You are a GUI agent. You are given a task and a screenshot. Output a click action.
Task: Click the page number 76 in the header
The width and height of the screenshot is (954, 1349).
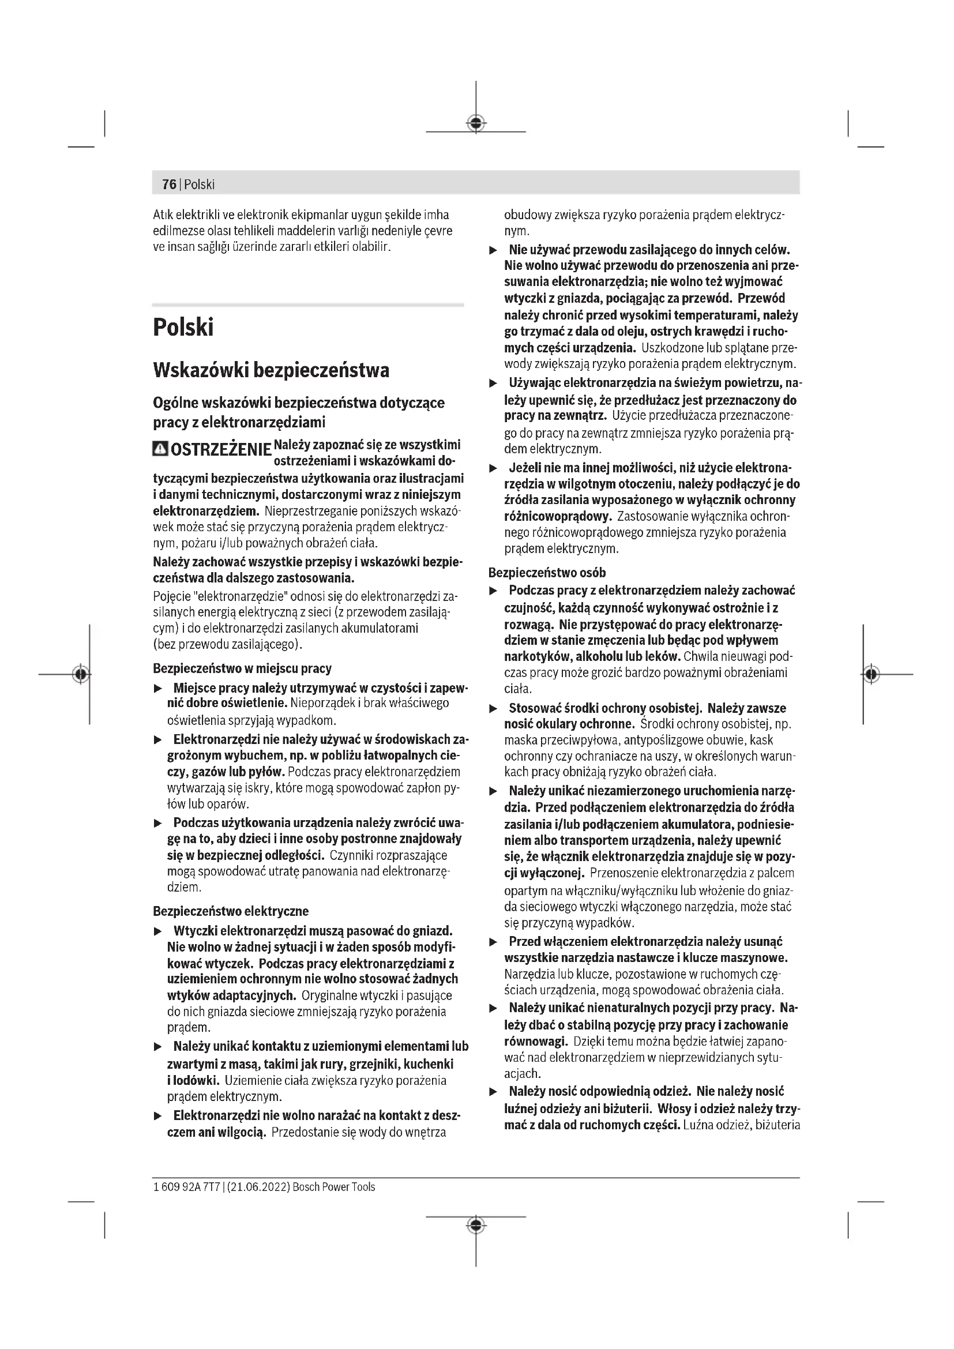(x=169, y=185)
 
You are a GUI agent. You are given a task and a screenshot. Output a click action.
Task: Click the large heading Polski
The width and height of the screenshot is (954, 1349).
(x=183, y=327)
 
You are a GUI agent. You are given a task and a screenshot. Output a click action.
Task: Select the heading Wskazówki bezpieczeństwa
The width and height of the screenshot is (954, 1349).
(x=271, y=370)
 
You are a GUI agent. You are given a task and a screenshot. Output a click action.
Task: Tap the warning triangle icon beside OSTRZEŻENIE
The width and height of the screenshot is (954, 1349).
(x=159, y=449)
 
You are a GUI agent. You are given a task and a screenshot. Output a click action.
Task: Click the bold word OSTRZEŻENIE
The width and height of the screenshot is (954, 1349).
(x=220, y=450)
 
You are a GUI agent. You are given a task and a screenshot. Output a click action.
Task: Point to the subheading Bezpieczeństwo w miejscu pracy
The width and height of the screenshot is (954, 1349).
(x=242, y=668)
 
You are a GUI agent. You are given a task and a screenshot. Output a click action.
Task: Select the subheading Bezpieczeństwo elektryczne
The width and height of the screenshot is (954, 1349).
(x=230, y=911)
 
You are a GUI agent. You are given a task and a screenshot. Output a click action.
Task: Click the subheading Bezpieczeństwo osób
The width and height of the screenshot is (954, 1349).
(x=547, y=572)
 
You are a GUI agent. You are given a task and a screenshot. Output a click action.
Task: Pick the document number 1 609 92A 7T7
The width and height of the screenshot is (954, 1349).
(x=186, y=1187)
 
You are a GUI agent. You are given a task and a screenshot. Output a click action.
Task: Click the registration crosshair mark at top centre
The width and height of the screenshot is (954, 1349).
(x=476, y=123)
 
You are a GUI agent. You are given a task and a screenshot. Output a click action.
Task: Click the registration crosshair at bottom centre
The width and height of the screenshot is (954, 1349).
(x=476, y=1225)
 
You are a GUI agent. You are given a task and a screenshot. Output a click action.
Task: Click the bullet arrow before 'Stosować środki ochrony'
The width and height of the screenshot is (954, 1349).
(x=494, y=709)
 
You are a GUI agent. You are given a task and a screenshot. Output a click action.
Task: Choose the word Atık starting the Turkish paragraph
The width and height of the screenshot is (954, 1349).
(x=163, y=215)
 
